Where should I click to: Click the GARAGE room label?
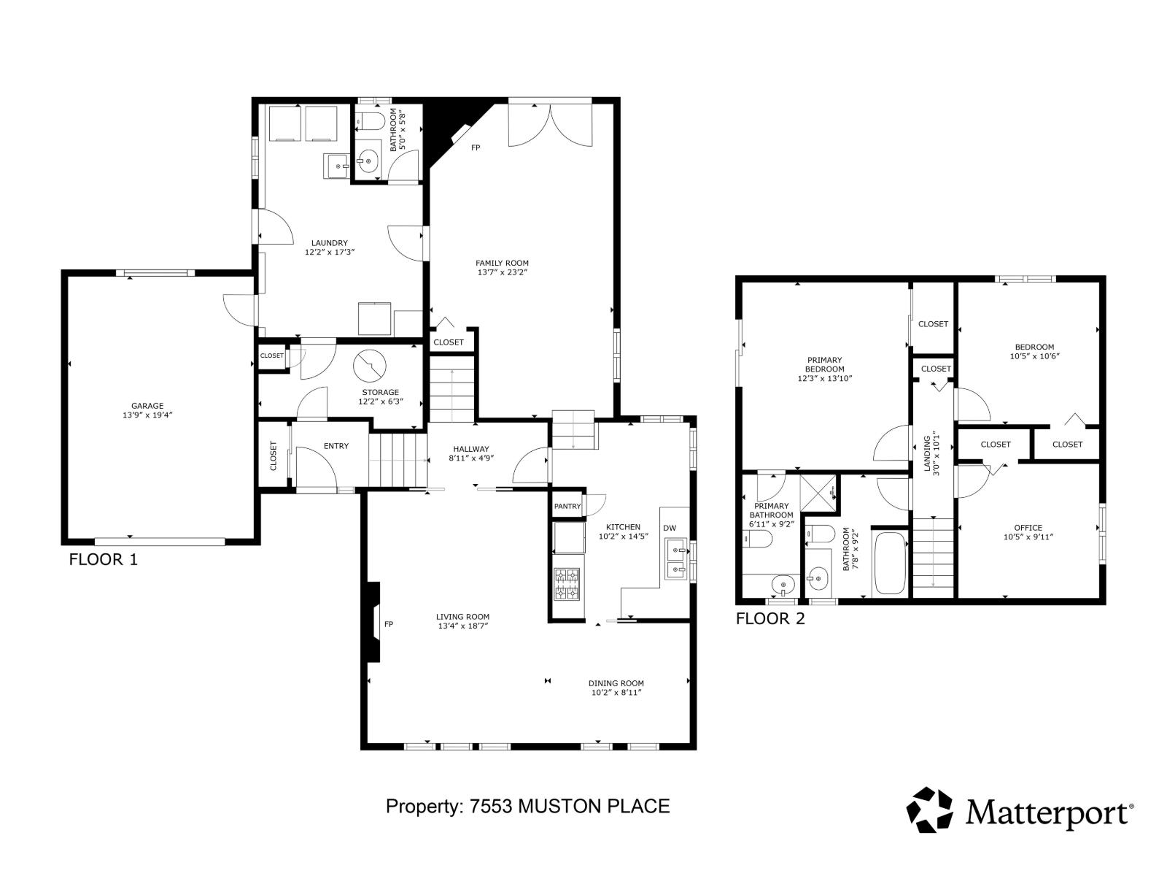[x=147, y=406]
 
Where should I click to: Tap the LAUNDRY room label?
[x=329, y=243]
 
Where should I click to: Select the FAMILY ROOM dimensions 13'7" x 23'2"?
[x=502, y=273]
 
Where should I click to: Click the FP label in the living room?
[x=389, y=624]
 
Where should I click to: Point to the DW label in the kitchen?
[x=670, y=528]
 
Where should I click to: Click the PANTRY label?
[x=567, y=506]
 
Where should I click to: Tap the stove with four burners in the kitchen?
[x=567, y=583]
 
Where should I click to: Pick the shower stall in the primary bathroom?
[x=818, y=493]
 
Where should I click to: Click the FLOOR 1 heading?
[x=103, y=560]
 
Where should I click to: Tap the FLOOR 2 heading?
[x=770, y=619]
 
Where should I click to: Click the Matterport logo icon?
[x=929, y=809]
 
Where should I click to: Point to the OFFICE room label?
[x=1028, y=528]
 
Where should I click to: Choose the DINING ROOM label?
[x=616, y=683]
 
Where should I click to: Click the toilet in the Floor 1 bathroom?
[x=371, y=121]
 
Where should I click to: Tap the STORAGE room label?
[x=380, y=392]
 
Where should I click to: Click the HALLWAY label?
[x=471, y=449]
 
